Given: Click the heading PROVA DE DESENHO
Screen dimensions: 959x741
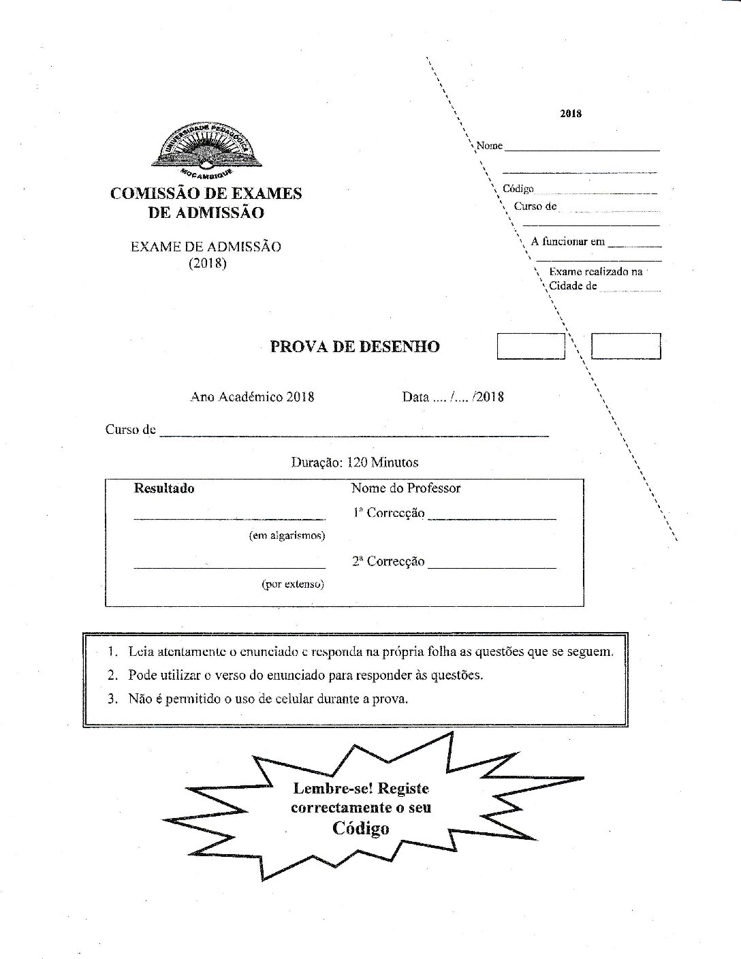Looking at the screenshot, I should click(x=355, y=347).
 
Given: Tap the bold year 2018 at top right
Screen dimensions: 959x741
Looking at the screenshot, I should click(x=571, y=114).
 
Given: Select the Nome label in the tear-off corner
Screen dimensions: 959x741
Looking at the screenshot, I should click(x=489, y=146).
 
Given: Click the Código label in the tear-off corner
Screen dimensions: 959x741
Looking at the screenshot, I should click(x=518, y=189).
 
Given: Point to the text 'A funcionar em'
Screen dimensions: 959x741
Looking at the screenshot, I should click(x=567, y=241).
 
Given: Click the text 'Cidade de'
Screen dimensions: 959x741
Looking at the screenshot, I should click(x=573, y=286).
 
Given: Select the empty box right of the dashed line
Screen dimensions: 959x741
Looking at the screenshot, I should click(x=626, y=346).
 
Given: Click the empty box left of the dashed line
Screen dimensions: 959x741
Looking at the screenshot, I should click(x=531, y=346).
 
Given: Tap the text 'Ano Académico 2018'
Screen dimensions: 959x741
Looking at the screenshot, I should click(x=252, y=397).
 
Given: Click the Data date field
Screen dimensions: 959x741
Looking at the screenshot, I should click(x=453, y=397).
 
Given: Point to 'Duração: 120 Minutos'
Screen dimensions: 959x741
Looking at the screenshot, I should click(x=355, y=462).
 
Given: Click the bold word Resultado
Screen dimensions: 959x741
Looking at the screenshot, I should click(x=164, y=488).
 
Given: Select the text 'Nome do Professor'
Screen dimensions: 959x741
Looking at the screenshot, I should click(x=406, y=488).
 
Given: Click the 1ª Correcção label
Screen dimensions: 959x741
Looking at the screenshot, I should click(x=388, y=514).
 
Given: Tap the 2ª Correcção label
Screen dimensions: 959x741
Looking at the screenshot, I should click(x=388, y=562).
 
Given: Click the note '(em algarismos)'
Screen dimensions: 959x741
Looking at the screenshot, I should click(x=287, y=536).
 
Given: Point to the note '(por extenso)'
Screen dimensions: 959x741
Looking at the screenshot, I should click(x=293, y=584).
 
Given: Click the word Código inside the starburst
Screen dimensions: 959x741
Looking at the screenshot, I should click(x=360, y=829).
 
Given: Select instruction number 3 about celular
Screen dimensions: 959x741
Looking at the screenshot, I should click(x=259, y=699).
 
